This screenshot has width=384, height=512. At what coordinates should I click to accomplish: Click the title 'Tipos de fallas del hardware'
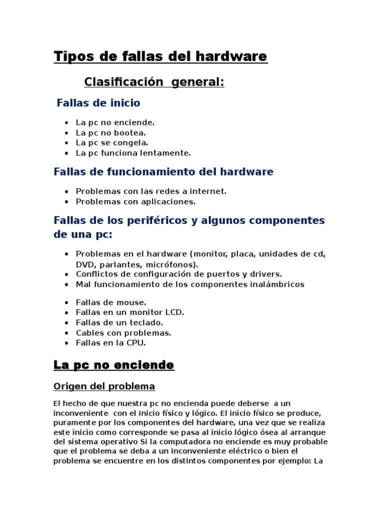160,57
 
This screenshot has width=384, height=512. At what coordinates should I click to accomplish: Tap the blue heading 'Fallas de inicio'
98,103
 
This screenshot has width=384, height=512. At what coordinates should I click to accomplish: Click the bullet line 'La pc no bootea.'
110,133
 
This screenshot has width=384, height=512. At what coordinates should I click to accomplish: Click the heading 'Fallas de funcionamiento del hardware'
163,172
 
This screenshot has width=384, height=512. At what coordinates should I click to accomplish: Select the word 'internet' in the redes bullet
208,191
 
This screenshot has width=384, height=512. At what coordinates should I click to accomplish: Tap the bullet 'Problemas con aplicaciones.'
135,201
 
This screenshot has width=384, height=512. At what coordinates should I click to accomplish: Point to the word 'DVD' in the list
85,264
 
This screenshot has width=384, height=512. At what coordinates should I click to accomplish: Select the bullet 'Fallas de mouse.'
111,302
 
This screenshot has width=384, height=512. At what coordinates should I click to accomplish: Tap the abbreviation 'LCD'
175,312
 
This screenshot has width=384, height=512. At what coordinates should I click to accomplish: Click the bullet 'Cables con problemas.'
123,332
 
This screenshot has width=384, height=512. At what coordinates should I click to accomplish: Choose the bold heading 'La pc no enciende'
114,365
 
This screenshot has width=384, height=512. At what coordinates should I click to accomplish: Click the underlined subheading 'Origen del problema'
104,386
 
